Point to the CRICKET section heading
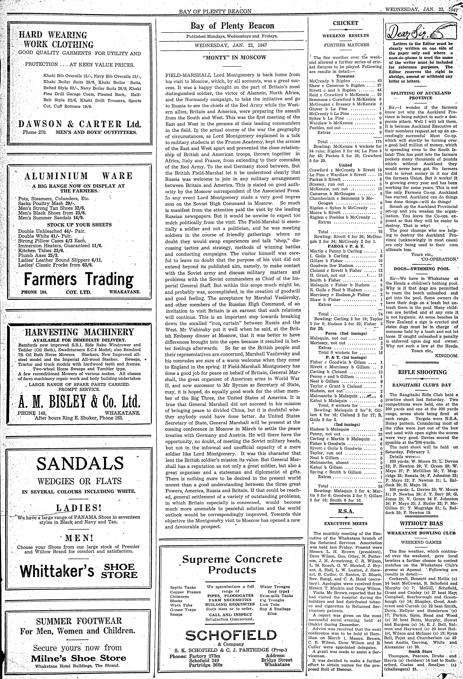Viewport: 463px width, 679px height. click(346, 23)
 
